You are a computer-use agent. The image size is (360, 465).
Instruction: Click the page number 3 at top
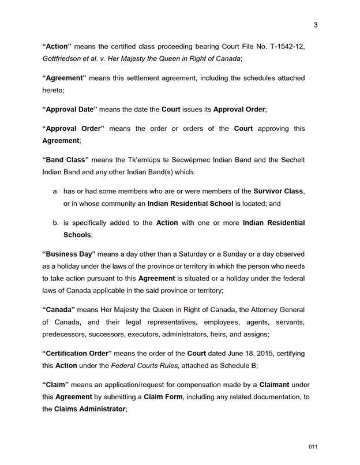[316, 25]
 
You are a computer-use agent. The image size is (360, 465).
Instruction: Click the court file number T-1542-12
[283, 47]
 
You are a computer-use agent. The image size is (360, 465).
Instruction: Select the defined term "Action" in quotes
[57, 47]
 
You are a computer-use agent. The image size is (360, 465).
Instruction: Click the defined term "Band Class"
[65, 160]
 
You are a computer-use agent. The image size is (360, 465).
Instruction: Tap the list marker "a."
[56, 191]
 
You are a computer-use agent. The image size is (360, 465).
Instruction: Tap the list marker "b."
[56, 223]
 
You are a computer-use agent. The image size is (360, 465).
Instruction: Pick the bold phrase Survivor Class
[279, 191]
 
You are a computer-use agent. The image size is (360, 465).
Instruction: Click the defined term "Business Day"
[69, 254]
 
